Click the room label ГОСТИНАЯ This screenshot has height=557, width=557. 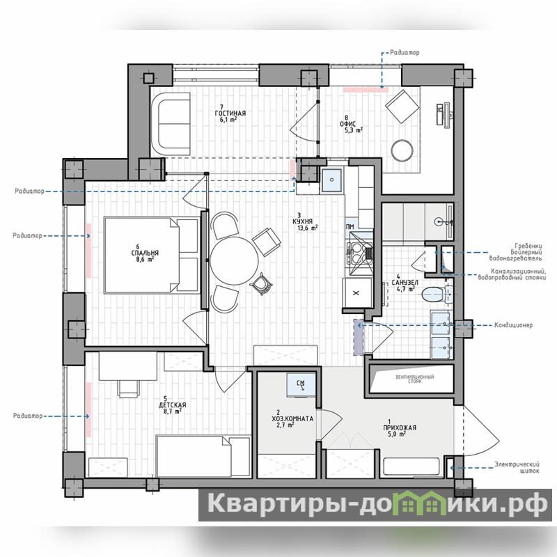[230, 113]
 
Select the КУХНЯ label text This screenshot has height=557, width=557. [303, 221]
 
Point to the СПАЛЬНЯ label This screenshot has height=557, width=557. [145, 253]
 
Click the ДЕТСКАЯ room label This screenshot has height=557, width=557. [172, 405]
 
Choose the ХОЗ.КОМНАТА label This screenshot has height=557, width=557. [292, 419]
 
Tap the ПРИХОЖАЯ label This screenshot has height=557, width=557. [400, 427]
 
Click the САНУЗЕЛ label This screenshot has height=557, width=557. [405, 283]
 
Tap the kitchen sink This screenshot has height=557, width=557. [332, 180]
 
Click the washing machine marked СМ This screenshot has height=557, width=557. [301, 384]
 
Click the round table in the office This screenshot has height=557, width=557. [402, 150]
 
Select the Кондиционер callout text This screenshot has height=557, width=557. [514, 325]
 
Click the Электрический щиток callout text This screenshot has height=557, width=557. [517, 467]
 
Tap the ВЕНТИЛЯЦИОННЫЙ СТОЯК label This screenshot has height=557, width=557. [414, 379]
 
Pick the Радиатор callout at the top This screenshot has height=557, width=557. [405, 53]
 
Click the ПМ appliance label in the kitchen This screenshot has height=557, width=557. [350, 227]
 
